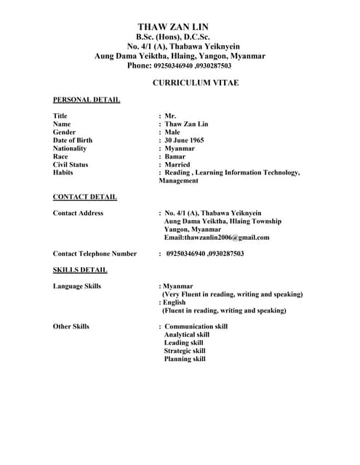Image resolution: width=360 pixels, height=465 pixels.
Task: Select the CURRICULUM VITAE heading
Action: (195, 83)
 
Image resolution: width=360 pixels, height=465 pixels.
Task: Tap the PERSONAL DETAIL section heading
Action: (87, 100)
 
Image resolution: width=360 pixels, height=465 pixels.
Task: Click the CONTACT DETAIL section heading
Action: (85, 197)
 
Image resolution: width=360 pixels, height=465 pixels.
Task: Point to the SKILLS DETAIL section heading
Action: (80, 270)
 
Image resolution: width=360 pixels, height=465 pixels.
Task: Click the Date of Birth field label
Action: (73, 140)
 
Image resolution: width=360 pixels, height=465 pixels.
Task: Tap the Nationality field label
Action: (70, 148)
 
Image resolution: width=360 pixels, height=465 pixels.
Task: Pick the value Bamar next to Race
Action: (175, 156)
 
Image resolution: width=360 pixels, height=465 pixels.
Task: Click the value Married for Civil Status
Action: (177, 164)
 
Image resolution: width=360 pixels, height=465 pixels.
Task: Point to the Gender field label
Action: (64, 132)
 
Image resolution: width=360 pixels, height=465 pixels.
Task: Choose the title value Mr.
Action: (170, 116)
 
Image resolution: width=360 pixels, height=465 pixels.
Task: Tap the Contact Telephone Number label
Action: (95, 254)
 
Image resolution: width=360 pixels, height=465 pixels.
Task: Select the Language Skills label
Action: (77, 286)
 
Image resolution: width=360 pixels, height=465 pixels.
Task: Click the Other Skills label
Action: (71, 326)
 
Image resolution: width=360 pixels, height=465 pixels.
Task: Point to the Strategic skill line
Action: (185, 350)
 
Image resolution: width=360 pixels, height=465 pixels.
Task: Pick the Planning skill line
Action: (185, 358)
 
